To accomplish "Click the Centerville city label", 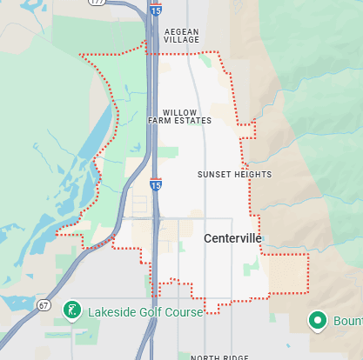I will pos(232,237).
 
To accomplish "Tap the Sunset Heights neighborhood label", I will pos(234,175).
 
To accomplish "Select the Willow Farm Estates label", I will pos(185,117).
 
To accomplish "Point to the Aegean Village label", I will pos(181,36).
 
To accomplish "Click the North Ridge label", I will pos(218,357).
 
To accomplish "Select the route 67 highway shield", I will pos(44,304).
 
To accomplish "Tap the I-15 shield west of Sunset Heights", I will pos(154,185).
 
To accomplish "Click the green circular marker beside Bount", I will pos(319,321).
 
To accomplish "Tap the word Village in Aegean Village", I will pos(181,41).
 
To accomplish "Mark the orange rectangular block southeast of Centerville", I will pos(288,274).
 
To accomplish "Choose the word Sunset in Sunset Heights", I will pos(213,175).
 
